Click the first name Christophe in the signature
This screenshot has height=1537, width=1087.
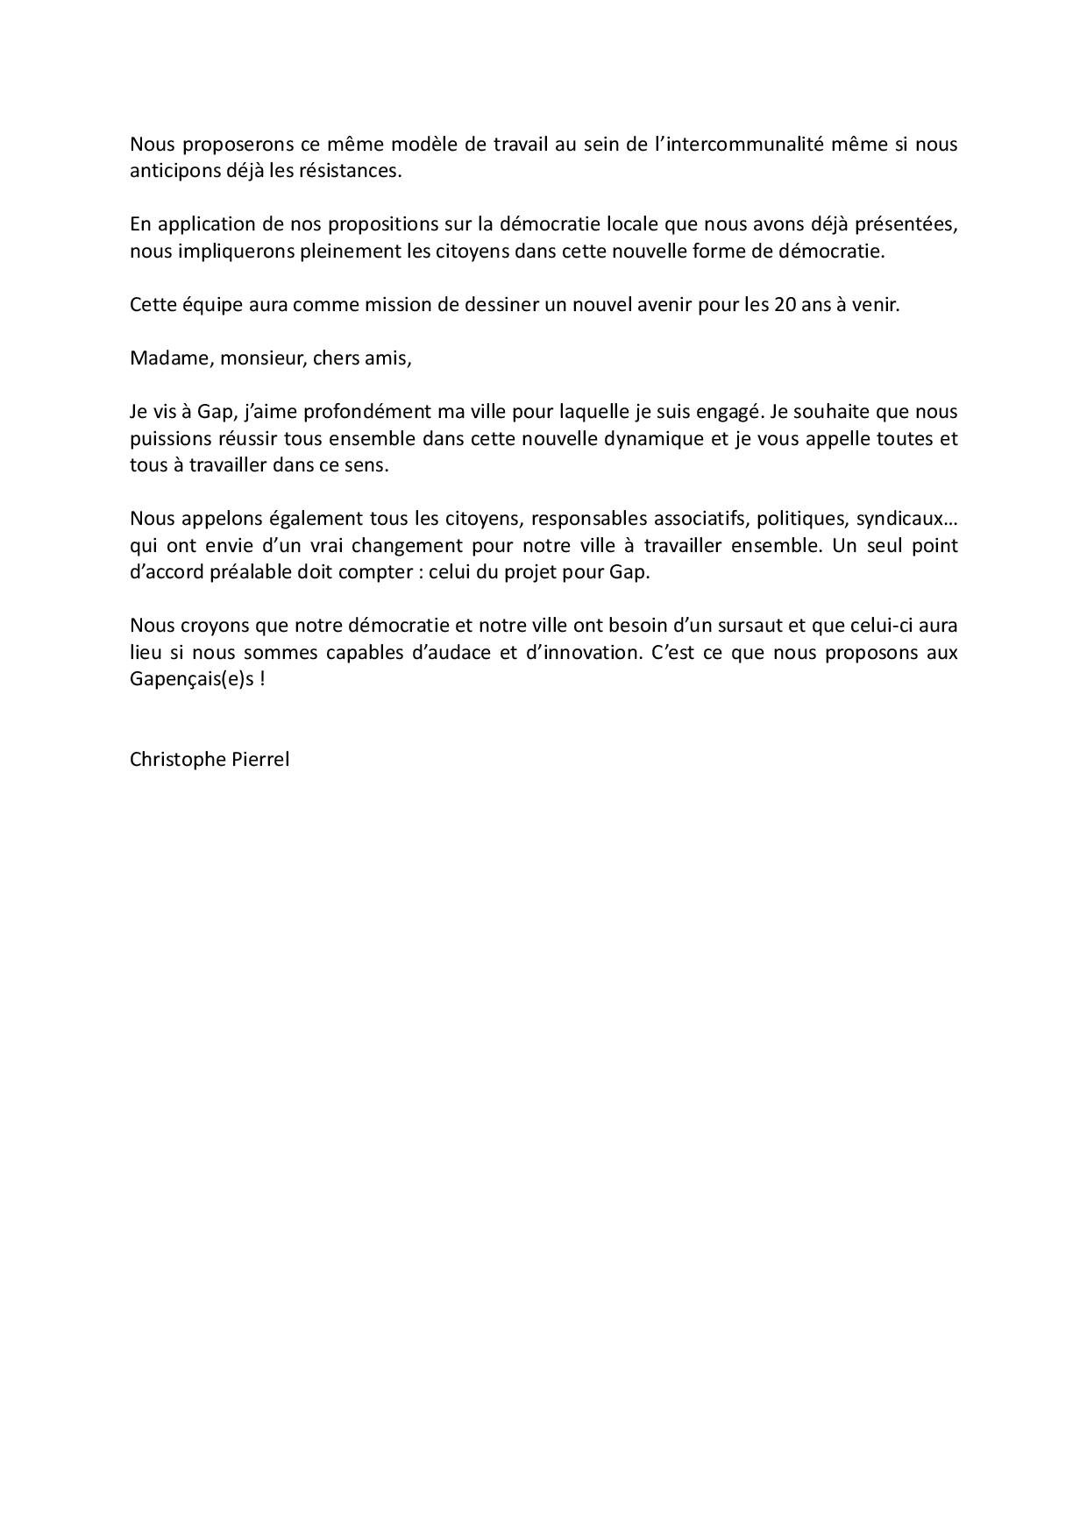pos(178,760)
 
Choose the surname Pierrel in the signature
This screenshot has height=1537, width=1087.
pos(260,760)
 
